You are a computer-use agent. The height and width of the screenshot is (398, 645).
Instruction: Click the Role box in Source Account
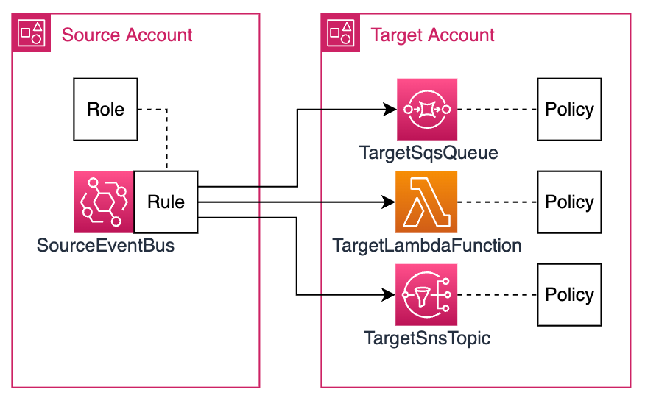click(x=105, y=110)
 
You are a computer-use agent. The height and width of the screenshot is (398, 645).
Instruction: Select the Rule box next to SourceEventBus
click(x=166, y=202)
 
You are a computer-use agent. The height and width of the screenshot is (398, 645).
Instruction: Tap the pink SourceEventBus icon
click(x=104, y=202)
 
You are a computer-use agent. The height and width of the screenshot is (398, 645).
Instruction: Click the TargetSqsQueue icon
click(x=426, y=110)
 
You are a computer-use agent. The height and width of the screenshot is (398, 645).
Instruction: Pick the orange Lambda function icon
click(x=426, y=202)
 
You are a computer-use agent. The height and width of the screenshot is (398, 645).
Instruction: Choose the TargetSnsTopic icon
click(x=426, y=295)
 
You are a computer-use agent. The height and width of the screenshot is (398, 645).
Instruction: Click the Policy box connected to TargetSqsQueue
click(x=568, y=110)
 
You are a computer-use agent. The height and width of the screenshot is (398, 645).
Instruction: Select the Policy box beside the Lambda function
click(x=568, y=202)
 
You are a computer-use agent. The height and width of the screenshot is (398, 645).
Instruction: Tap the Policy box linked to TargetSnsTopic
click(x=568, y=295)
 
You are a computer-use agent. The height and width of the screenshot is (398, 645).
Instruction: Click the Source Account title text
click(x=127, y=35)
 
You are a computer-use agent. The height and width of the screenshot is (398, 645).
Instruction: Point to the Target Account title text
click(x=433, y=35)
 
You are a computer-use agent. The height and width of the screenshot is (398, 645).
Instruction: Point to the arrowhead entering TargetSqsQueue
click(x=390, y=110)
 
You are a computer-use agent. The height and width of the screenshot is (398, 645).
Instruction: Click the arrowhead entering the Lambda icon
click(x=390, y=202)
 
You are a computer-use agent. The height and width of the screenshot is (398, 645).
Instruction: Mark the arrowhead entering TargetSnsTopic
click(x=390, y=295)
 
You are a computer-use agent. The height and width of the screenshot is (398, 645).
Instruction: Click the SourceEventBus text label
click(x=106, y=245)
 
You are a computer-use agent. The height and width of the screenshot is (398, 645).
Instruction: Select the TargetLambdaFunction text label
click(x=427, y=245)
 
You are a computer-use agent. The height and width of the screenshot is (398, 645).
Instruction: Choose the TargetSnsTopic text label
click(x=427, y=338)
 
